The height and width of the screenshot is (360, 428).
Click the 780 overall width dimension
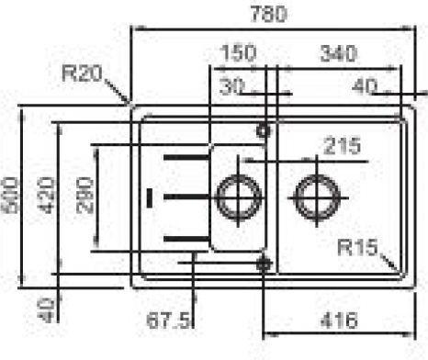269,14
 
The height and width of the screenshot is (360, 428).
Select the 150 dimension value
238,52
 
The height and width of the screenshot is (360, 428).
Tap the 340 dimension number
338,53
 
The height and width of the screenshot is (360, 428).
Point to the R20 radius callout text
82,73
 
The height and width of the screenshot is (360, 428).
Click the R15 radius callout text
357,247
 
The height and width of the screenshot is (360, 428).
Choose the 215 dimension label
343,146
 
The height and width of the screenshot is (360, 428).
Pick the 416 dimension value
339,321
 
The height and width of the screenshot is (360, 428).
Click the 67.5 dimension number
168,320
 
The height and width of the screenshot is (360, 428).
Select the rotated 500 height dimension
10,195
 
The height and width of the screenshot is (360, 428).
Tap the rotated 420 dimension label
46,196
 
